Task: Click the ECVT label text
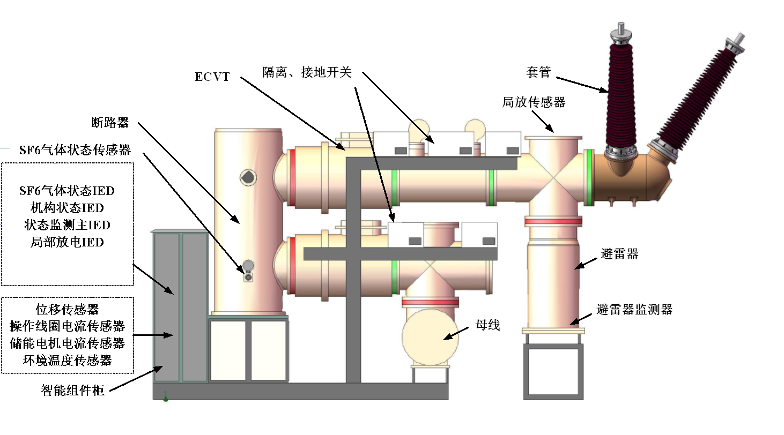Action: pos(212,77)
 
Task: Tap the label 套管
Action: pos(538,72)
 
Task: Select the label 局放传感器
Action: pos(534,102)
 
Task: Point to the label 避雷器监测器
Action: pos(634,310)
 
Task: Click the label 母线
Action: pos(487,325)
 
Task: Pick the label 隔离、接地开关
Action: pos(307,72)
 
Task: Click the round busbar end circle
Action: pos(430,337)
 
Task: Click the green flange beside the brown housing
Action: pos(589,177)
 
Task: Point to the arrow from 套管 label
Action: pos(582,85)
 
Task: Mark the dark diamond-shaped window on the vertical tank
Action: pos(248,177)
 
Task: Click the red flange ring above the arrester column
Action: pos(553,221)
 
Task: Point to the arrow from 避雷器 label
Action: pos(586,262)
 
